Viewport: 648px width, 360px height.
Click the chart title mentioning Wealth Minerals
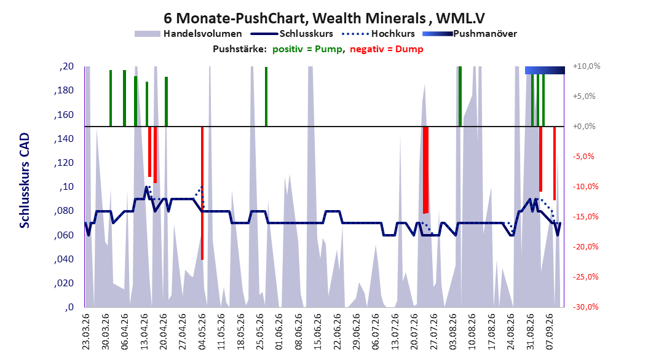pos(324,18)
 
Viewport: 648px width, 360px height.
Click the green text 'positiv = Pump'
pos(307,49)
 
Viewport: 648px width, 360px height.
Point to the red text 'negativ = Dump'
pos(387,49)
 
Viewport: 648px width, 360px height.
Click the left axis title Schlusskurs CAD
pos(25,181)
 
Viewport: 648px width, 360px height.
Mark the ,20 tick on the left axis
pos(66,66)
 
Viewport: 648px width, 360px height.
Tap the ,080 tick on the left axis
pos(64,211)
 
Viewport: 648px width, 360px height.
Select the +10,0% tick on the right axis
pos(587,66)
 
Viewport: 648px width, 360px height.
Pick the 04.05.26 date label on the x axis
pos(202,332)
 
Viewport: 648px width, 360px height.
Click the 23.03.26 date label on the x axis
pos(85,332)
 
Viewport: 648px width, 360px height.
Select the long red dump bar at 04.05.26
pos(202,194)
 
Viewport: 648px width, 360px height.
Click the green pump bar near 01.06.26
pos(266,96)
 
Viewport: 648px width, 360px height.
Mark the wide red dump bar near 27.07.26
pos(425,170)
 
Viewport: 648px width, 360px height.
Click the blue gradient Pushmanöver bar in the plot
pos(545,70)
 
